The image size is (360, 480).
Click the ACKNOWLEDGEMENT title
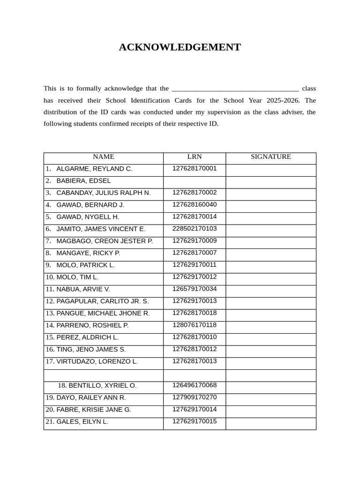[x=180, y=47]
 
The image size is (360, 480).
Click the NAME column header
[x=103, y=157]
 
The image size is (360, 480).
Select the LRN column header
[x=195, y=157]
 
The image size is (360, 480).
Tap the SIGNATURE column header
[x=270, y=157]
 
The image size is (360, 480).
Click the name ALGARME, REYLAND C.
[x=94, y=169]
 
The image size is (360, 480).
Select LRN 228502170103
[x=195, y=229]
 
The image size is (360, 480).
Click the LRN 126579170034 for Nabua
[x=195, y=289]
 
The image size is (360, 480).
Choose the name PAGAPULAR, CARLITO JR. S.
[x=102, y=301]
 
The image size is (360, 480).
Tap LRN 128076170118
[x=195, y=325]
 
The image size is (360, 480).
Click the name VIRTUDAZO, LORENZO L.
[x=97, y=361]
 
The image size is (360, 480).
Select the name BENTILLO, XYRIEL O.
[x=103, y=386]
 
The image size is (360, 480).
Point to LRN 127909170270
[x=195, y=397]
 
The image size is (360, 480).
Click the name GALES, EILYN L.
[x=82, y=422]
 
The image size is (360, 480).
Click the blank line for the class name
[x=235, y=89]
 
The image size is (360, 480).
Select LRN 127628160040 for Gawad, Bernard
[x=195, y=205]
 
